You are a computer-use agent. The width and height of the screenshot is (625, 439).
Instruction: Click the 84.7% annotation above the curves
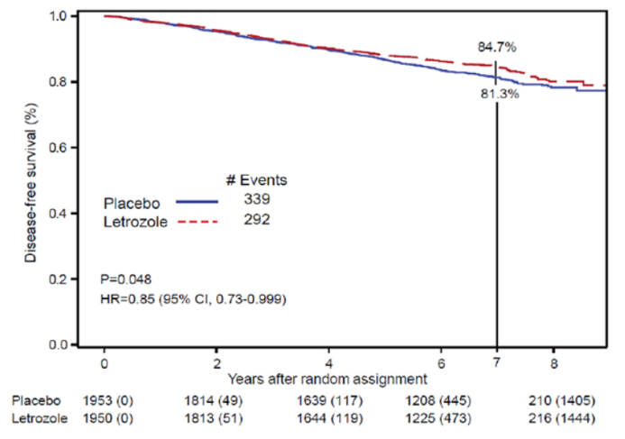click(x=497, y=48)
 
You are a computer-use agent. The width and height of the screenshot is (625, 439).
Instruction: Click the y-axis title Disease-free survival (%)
click(x=31, y=181)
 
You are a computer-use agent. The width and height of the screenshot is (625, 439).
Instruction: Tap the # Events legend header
click(x=256, y=179)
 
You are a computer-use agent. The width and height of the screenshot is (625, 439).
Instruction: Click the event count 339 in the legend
click(x=256, y=197)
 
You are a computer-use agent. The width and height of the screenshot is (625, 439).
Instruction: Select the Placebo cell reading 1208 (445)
click(x=437, y=399)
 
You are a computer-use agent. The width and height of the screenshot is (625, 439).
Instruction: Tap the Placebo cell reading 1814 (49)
click(x=216, y=399)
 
